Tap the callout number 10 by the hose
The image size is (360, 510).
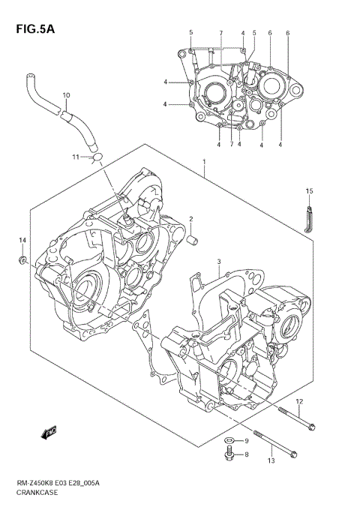coord(66,95)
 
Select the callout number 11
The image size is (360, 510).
coord(76,157)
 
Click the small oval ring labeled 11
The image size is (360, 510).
coord(97,156)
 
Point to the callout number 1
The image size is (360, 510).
coord(204,160)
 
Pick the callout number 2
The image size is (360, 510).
coord(191,220)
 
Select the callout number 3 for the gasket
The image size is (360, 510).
coord(218,262)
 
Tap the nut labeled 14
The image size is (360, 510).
coord(23,260)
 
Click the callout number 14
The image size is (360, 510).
coord(22,239)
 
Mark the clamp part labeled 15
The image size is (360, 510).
coord(307,219)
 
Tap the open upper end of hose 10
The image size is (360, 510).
coord(29,76)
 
